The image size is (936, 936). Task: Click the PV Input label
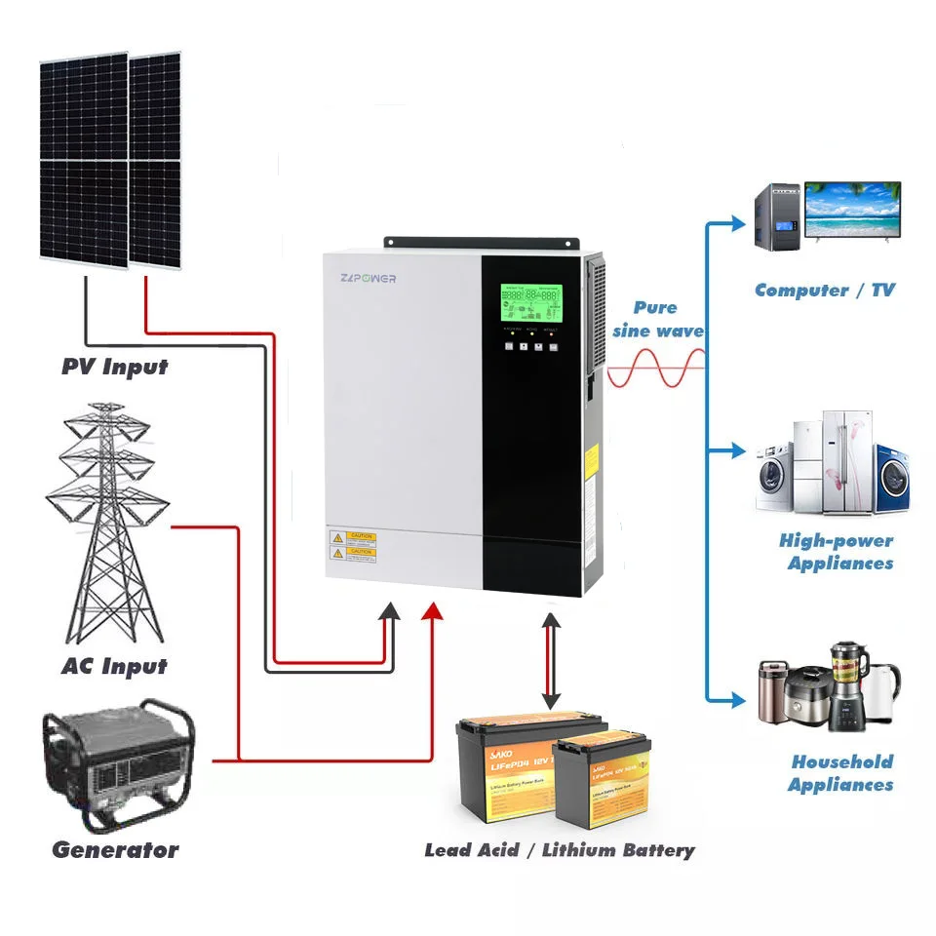[x=114, y=368]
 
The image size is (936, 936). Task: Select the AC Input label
[x=114, y=667]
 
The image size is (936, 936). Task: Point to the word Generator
[x=115, y=850]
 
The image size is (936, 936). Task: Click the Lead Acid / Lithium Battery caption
[x=560, y=850]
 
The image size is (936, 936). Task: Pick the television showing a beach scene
[x=852, y=213]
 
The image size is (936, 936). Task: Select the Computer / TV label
[x=824, y=290]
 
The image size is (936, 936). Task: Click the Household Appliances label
[x=841, y=773]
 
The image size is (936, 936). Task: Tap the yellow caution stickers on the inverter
[x=354, y=544]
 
